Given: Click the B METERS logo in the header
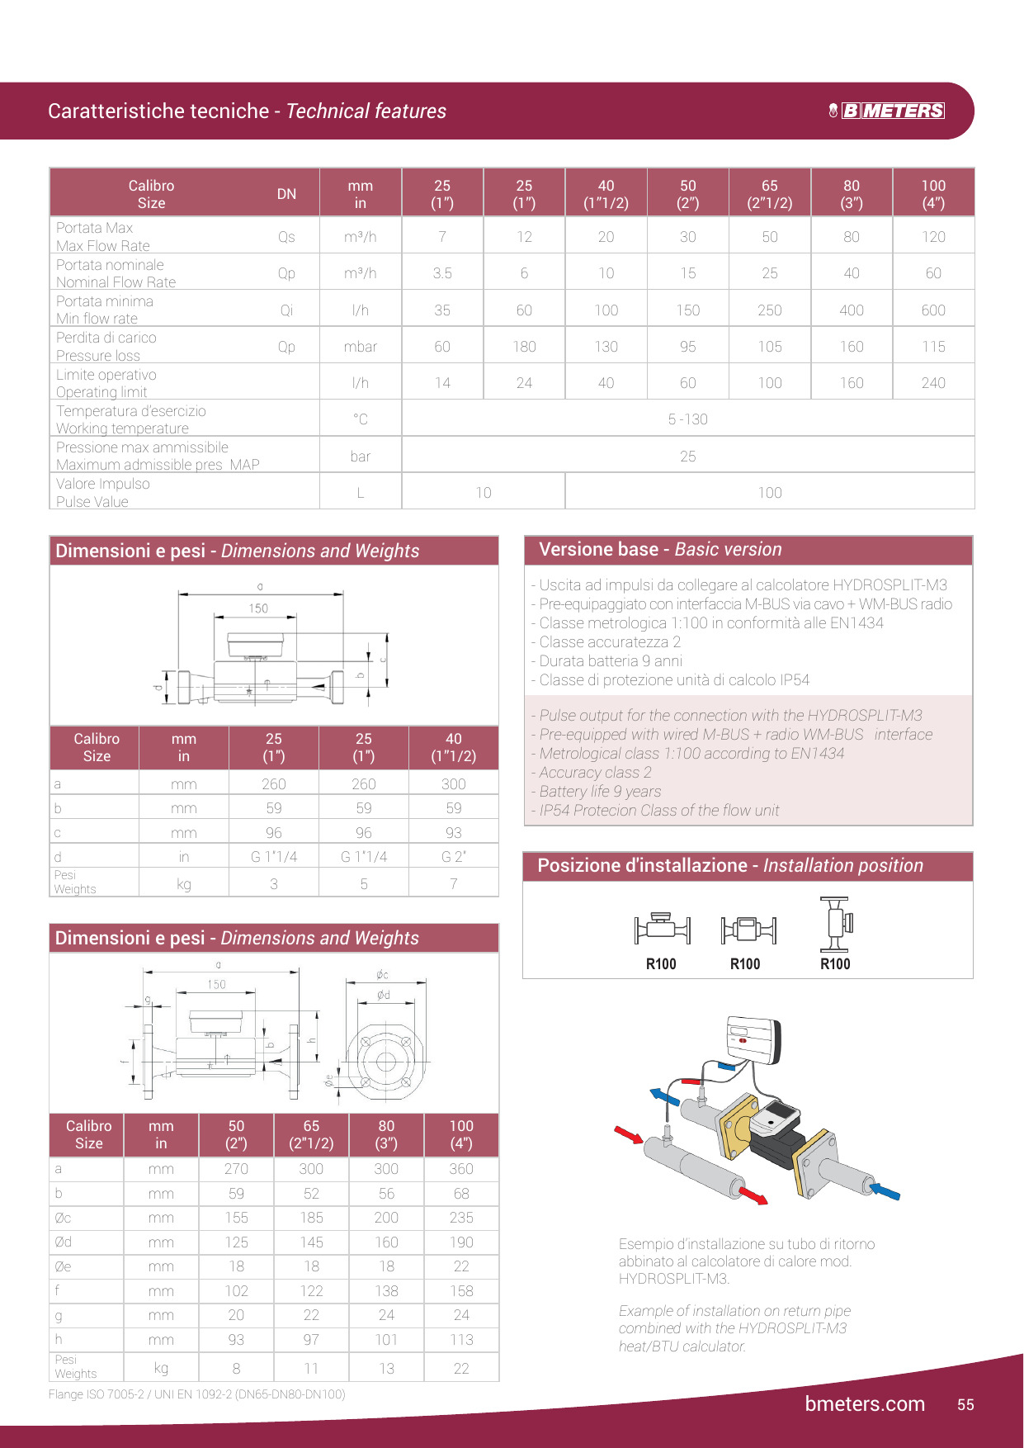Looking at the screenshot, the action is [887, 111].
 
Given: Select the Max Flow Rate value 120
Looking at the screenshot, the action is [933, 237].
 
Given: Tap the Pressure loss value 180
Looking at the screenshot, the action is [524, 347].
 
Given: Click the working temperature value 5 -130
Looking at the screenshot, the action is [687, 419].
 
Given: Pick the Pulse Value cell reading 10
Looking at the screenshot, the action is [484, 493].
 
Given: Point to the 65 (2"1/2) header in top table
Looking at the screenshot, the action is [770, 194].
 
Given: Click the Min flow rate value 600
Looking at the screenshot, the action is [933, 310].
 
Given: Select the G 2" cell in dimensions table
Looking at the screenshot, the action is [454, 857].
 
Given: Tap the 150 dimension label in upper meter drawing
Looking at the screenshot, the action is [258, 608].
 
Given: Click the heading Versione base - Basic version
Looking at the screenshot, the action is [660, 550].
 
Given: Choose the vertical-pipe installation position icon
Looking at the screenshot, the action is [836, 925].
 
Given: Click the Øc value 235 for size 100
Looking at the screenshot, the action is [461, 1218].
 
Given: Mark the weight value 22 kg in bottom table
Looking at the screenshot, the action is [461, 1368].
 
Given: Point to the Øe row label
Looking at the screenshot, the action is [63, 1266].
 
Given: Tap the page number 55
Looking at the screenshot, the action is [965, 1404].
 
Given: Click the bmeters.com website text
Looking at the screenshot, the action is [865, 1403].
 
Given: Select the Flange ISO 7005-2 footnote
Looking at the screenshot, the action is [196, 1394].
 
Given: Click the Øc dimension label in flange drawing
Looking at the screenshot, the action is [382, 975].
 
